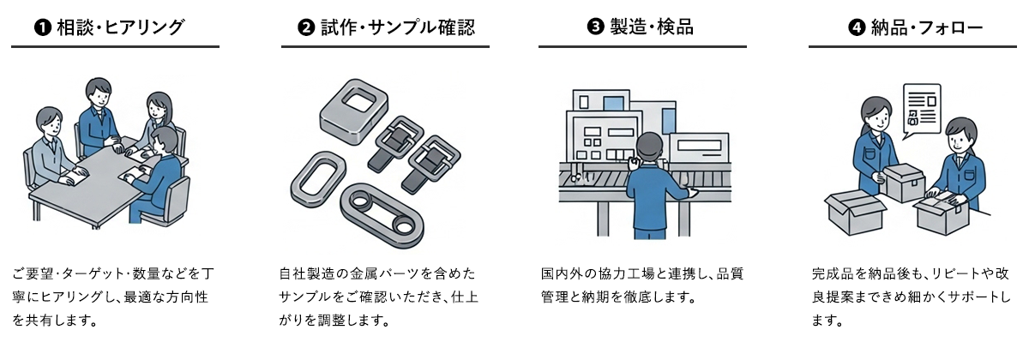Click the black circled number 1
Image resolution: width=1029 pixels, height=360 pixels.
click(43, 28)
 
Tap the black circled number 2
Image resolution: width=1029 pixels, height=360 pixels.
click(306, 27)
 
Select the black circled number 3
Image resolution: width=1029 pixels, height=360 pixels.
click(596, 27)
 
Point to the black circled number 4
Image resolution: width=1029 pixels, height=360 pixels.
click(857, 28)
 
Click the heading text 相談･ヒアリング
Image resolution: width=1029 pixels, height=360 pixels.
click(121, 27)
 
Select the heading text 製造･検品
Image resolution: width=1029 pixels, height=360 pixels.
click(652, 27)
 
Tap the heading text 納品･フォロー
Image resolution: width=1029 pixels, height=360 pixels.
click(927, 28)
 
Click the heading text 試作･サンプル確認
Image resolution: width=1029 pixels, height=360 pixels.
click(398, 27)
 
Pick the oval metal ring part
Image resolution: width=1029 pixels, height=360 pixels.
click(318, 179)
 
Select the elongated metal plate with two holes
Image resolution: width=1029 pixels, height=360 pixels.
click(382, 214)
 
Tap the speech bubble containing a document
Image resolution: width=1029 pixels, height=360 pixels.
click(922, 111)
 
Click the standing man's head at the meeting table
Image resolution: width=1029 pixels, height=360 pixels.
click(99, 93)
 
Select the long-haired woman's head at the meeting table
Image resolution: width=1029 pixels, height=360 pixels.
click(159, 106)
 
